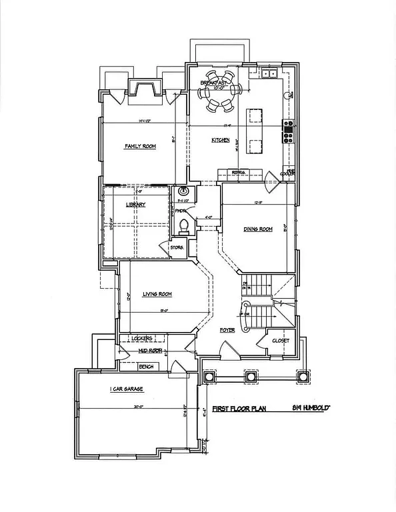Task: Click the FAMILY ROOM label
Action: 140,146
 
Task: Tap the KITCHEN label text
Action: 221,140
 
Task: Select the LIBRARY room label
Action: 135,205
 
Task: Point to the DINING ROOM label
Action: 258,229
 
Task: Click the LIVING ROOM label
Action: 157,294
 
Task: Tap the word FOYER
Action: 228,329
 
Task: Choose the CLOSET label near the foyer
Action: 281,341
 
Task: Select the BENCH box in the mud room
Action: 146,367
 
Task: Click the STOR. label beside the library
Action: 177,247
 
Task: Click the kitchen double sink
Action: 269,73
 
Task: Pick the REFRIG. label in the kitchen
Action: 239,173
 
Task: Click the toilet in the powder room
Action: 183,225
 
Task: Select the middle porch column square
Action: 251,377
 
